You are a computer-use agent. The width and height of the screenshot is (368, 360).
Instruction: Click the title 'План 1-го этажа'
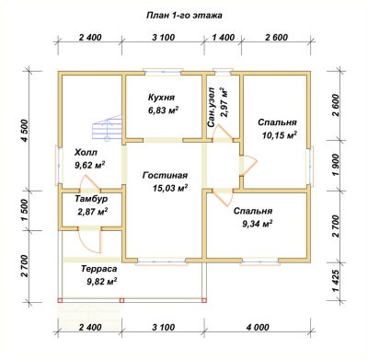click(x=184, y=16)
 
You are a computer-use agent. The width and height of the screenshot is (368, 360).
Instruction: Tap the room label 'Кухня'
click(x=161, y=98)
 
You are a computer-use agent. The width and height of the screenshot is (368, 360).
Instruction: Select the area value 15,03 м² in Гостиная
click(x=170, y=188)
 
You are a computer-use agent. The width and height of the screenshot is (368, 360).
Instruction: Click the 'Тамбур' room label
click(x=91, y=199)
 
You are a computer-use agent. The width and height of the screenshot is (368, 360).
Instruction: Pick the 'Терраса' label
click(x=99, y=269)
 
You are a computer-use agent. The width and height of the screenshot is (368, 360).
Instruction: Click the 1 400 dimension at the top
click(x=224, y=38)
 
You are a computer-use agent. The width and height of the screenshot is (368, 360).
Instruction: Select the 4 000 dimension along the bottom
click(x=258, y=327)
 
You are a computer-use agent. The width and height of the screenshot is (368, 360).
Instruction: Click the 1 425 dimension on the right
click(x=336, y=281)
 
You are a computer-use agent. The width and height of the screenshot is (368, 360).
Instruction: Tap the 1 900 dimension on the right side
click(x=336, y=165)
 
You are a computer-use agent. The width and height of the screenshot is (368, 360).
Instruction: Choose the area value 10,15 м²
click(x=280, y=135)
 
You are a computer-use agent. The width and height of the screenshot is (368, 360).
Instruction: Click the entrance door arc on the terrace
click(x=89, y=241)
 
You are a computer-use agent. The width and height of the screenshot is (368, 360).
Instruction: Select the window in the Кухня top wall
click(x=163, y=72)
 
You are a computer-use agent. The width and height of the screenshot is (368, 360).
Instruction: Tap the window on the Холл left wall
click(x=59, y=165)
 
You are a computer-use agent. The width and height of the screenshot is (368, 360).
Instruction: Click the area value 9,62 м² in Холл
click(x=90, y=165)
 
